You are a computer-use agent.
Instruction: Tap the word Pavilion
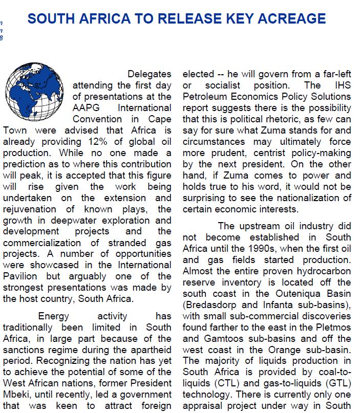pyautogui.click(x=22, y=277)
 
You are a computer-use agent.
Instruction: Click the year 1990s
pyautogui.click(x=273, y=248)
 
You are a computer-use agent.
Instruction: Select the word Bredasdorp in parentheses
pyautogui.click(x=209, y=305)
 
